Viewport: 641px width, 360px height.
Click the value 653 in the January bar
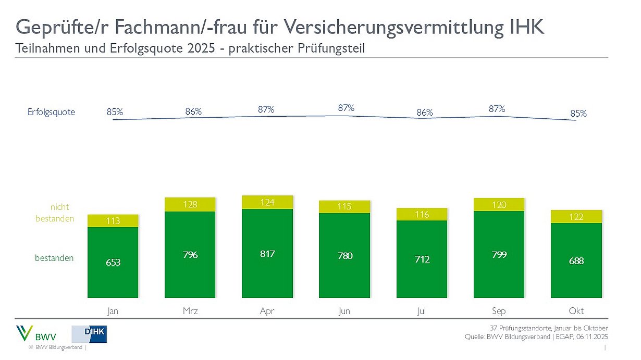[x=113, y=263]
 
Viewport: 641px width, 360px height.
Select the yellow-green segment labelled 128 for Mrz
[x=190, y=204]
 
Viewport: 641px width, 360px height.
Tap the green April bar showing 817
[x=267, y=254]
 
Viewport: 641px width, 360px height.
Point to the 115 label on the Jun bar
[x=344, y=206]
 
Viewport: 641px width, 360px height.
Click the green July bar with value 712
[x=422, y=259]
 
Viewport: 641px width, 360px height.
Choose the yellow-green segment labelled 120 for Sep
[x=499, y=204]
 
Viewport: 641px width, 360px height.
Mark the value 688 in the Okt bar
[x=576, y=260]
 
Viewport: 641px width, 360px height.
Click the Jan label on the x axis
[x=113, y=311]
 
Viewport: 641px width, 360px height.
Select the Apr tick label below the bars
[x=267, y=311]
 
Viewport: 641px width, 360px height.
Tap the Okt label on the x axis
[x=576, y=311]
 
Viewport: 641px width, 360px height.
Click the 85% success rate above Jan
[x=115, y=111]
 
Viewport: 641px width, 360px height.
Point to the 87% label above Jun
[x=346, y=108]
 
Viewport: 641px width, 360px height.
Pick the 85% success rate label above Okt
[x=578, y=113]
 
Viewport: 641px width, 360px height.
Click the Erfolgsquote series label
[x=52, y=112]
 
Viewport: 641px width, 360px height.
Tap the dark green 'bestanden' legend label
[x=54, y=258]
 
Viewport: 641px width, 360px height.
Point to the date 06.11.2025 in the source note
[x=591, y=337]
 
